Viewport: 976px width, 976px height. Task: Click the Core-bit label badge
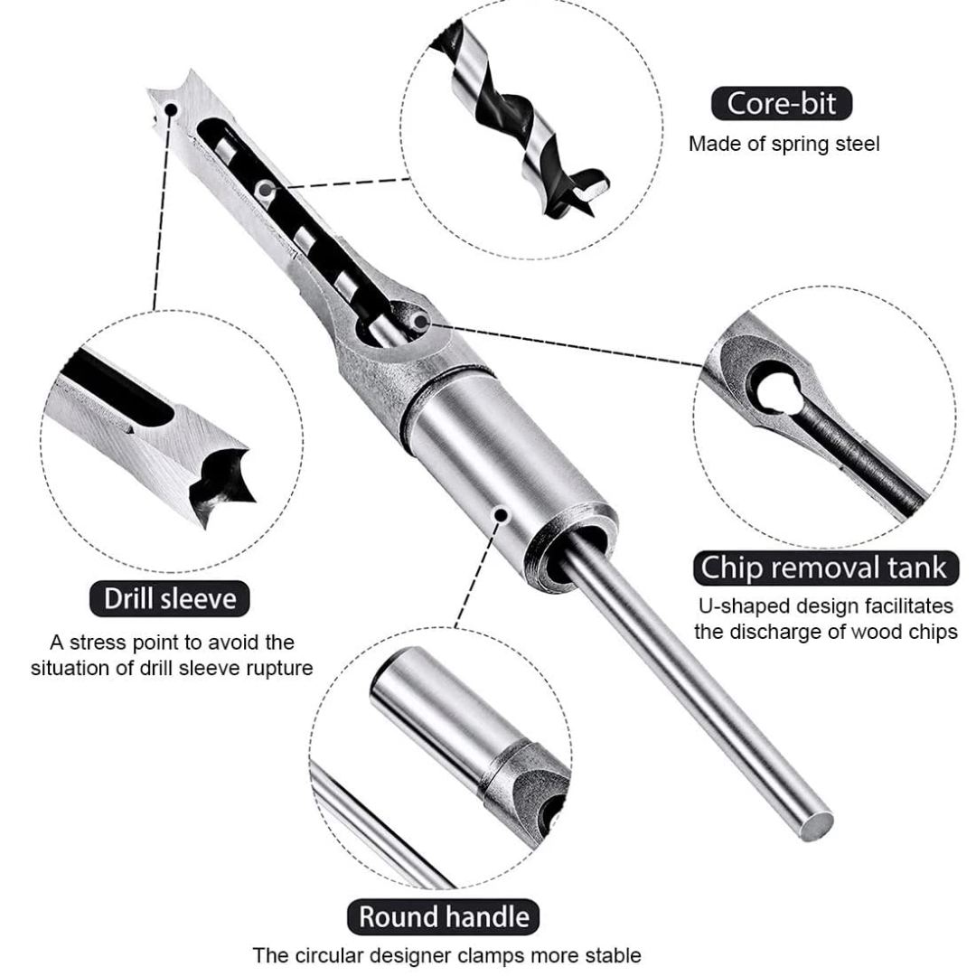click(781, 103)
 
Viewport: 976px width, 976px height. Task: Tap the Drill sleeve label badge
click(170, 598)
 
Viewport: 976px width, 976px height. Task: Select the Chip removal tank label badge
click(824, 568)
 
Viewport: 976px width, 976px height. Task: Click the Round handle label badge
click(444, 916)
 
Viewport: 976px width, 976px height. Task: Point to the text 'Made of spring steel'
click(784, 144)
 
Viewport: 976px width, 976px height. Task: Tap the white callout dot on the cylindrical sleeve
click(499, 514)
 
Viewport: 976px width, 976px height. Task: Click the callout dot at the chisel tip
click(171, 109)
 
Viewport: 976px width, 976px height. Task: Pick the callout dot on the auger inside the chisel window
click(264, 188)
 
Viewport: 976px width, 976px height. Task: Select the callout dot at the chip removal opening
click(418, 321)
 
